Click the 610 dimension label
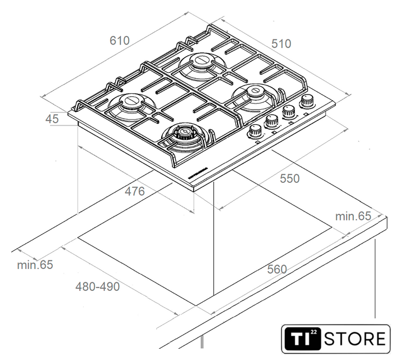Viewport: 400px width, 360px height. point(120,40)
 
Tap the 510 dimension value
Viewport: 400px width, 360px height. point(281,43)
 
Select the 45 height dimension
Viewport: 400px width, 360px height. point(52,119)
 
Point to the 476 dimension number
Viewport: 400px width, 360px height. point(135,191)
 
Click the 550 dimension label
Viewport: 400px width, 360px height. point(290,178)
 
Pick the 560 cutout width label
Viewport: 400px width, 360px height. point(276,269)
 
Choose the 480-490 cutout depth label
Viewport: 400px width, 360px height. point(98,286)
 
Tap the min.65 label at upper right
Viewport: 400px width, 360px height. point(353,215)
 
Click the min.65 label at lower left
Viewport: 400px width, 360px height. point(35,264)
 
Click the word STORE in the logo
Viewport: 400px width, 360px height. point(356,339)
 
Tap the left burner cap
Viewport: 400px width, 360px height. point(132,102)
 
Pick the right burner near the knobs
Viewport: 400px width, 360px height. point(258,92)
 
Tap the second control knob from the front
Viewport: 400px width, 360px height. point(272,120)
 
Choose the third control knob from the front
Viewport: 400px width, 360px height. point(289,111)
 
